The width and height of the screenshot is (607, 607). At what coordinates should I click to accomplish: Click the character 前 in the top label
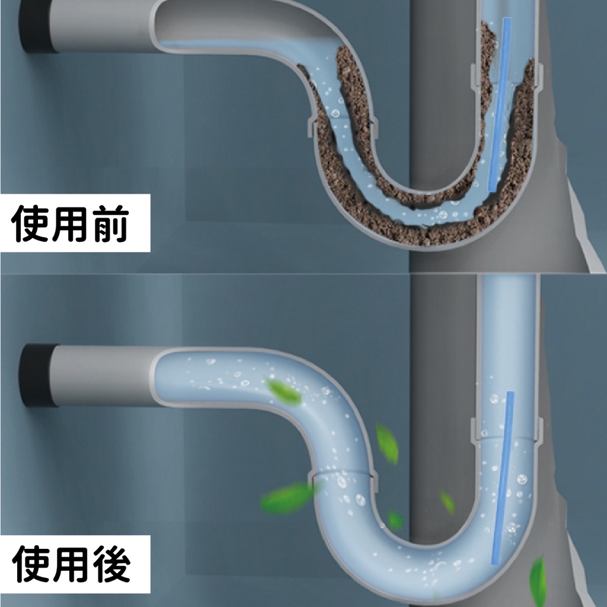(110, 223)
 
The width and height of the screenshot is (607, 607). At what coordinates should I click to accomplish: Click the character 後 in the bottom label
(111, 564)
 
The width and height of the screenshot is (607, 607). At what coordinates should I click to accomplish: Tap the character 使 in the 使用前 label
(30, 223)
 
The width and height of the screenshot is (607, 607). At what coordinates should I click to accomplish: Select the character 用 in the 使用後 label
(71, 564)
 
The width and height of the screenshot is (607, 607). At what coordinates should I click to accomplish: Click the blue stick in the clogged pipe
(500, 104)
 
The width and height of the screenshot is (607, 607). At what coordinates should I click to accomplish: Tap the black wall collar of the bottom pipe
(37, 375)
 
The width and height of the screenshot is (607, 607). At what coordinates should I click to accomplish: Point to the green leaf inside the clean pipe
(284, 391)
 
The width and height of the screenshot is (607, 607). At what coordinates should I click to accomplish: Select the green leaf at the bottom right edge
(538, 582)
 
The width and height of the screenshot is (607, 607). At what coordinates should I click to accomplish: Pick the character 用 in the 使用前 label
(71, 223)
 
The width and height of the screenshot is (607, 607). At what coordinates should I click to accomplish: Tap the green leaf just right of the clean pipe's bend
(387, 443)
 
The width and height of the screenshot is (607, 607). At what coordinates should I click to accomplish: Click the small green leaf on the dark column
(448, 502)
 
